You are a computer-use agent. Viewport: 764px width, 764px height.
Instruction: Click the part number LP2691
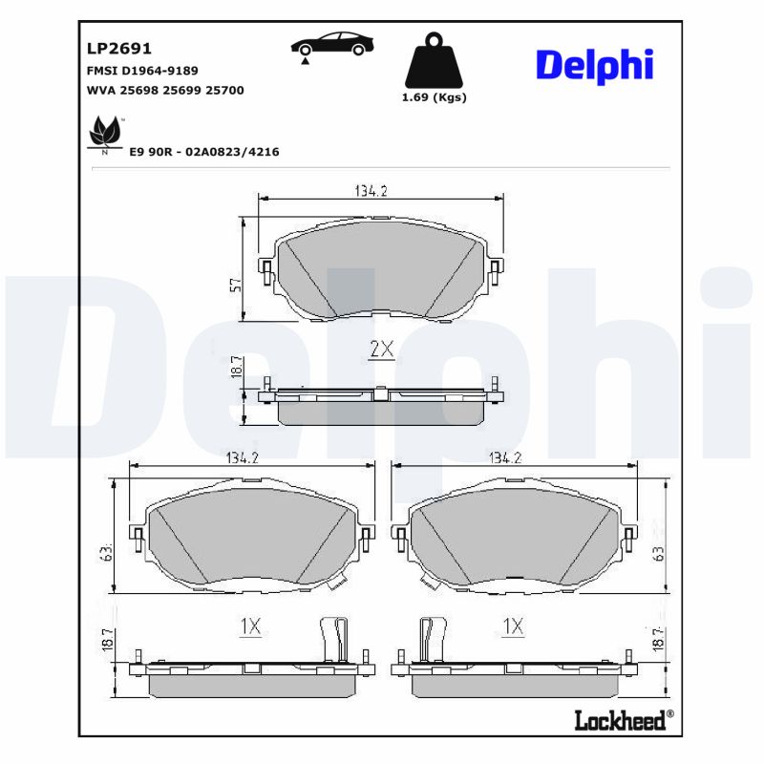119,48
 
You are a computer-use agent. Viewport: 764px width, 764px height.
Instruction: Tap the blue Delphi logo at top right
594,64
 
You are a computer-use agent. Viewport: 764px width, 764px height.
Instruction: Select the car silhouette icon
331,44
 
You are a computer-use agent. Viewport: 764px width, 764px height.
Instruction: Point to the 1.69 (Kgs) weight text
435,98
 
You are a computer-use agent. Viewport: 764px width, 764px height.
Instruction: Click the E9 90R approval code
203,152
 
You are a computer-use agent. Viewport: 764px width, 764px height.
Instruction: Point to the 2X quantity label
381,350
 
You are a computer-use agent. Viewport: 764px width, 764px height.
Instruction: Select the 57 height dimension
235,283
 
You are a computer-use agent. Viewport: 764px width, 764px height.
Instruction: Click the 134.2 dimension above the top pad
371,191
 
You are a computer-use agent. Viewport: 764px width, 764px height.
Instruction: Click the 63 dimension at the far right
657,553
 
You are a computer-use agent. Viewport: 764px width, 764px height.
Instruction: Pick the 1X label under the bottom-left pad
249,626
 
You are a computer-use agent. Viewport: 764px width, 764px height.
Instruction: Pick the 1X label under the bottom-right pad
513,626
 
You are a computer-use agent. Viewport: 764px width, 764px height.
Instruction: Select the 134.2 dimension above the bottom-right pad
504,458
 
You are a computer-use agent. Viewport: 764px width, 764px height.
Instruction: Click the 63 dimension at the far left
108,553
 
